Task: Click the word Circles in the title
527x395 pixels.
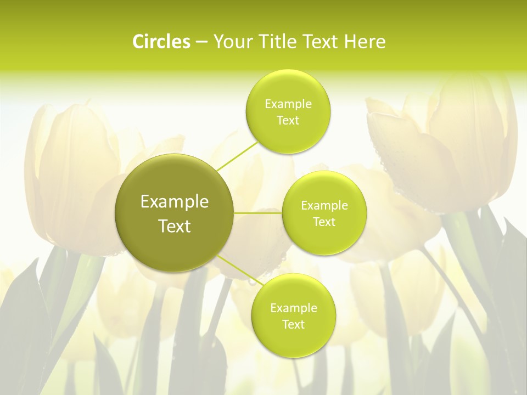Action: [x=161, y=42]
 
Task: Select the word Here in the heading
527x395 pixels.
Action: [x=366, y=42]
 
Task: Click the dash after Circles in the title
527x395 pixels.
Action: [x=201, y=42]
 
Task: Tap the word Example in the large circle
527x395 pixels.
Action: [x=175, y=202]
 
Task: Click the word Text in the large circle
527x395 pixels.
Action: [x=175, y=226]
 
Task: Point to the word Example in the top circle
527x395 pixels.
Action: [x=288, y=104]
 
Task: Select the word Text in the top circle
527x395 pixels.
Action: [x=288, y=121]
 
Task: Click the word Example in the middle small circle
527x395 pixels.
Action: [x=324, y=206]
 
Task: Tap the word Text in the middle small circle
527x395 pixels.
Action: [x=324, y=222]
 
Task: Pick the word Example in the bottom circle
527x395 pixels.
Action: [x=293, y=308]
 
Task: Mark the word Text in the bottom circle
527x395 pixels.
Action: [x=293, y=325]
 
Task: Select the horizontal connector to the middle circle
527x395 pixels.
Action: [x=258, y=213]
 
